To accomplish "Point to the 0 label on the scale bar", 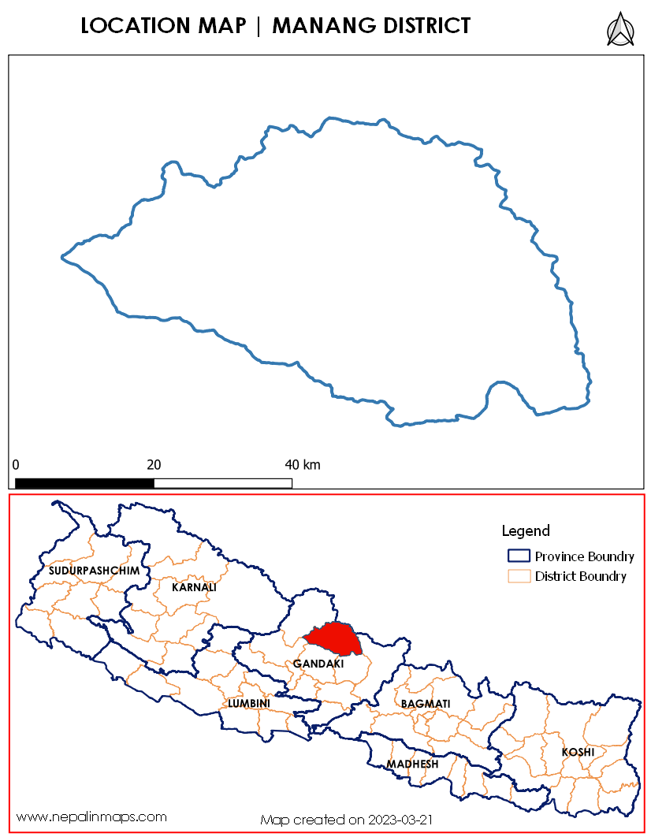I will (x=16, y=464).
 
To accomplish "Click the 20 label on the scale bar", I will (x=154, y=464).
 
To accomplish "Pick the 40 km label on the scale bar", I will (x=302, y=464).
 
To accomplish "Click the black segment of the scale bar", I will (x=84, y=482).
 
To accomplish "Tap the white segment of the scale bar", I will (x=223, y=482).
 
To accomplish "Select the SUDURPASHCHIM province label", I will (x=94, y=570).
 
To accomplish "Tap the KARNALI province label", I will (x=194, y=587).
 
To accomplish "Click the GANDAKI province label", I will (x=318, y=664).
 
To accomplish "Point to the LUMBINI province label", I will (x=249, y=703).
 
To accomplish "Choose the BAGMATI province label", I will (x=426, y=703).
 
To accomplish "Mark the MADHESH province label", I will (x=412, y=764).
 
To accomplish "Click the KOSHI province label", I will (x=578, y=752).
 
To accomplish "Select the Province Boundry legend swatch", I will (x=519, y=556).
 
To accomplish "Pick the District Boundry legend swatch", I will (x=519, y=576).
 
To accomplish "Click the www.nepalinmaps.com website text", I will (x=91, y=817).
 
